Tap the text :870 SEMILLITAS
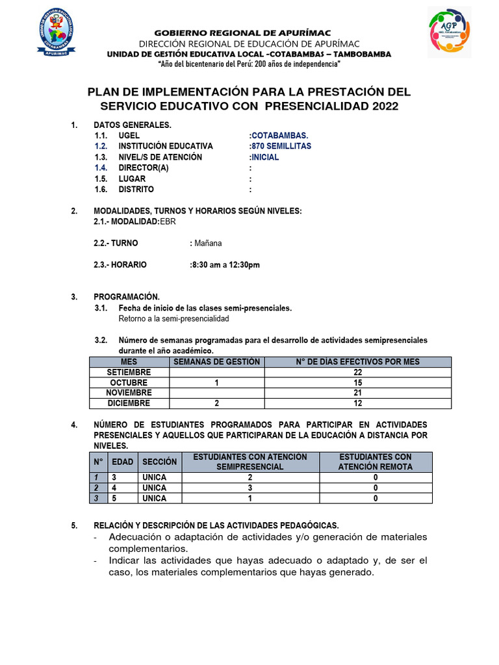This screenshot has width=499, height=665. (279, 146)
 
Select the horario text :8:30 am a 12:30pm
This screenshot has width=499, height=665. (225, 264)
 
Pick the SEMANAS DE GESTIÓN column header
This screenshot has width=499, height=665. (216, 362)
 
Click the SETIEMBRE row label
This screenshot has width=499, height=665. (129, 372)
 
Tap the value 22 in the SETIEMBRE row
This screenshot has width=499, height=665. (357, 372)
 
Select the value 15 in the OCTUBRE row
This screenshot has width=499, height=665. (357, 383)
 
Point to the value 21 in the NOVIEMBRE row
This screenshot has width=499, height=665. (357, 393)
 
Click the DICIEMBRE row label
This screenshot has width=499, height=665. (129, 403)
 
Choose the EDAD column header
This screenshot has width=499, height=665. (122, 462)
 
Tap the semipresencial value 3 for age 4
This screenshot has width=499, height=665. (249, 488)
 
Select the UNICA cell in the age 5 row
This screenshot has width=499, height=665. (154, 498)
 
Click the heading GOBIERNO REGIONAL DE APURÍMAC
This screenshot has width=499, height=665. (242, 33)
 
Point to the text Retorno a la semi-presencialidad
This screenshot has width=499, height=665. (173, 319)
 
